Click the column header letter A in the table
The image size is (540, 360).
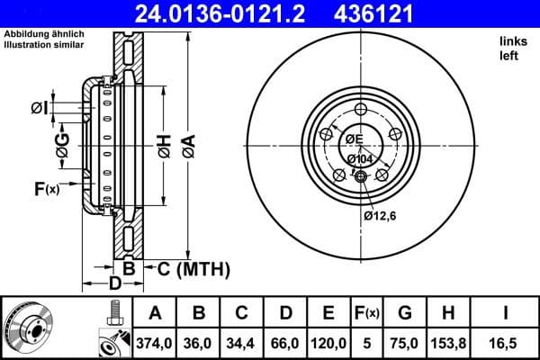[155, 313]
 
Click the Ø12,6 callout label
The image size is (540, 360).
[381, 215]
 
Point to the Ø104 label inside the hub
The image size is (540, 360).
[360, 158]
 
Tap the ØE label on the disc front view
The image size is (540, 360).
[353, 139]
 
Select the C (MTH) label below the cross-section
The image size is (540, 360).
[193, 269]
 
